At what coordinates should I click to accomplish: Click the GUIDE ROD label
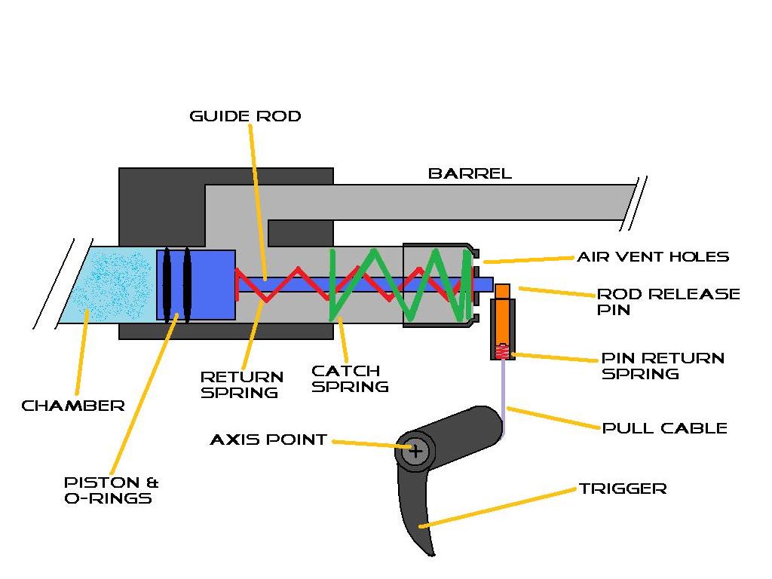click(245, 116)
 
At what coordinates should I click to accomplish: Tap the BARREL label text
click(470, 173)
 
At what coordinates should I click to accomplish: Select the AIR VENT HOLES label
click(653, 256)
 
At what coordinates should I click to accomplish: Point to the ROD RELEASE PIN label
click(668, 301)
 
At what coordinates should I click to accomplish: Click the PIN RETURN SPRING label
click(662, 365)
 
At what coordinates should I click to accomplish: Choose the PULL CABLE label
click(664, 428)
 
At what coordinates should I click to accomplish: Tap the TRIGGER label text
click(623, 489)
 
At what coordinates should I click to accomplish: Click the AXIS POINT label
click(268, 440)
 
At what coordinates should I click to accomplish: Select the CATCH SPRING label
click(350, 378)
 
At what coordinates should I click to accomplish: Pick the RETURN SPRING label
click(241, 384)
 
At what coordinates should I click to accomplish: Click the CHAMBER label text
click(72, 406)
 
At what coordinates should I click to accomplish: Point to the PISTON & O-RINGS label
click(111, 490)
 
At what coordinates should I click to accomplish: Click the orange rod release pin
click(503, 317)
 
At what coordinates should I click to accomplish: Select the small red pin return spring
click(502, 350)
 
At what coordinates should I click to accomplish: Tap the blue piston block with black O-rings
click(196, 284)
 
